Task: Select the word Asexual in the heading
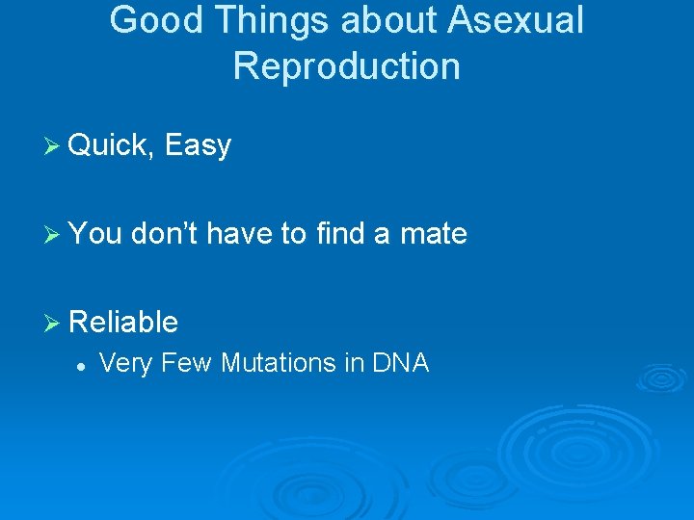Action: tap(517, 20)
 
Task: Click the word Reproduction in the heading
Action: tap(347, 66)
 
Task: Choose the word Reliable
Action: tap(123, 322)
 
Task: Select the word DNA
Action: tap(400, 363)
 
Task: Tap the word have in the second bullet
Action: tap(241, 233)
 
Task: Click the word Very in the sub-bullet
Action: tap(124, 364)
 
